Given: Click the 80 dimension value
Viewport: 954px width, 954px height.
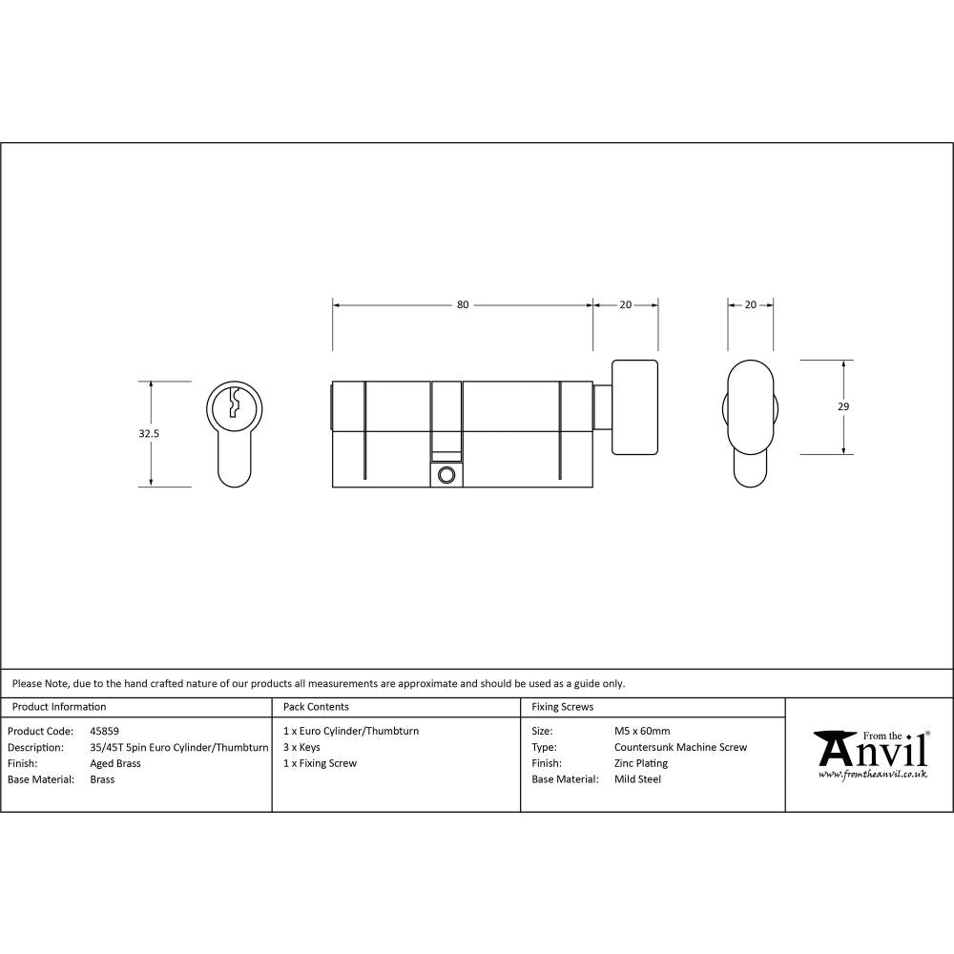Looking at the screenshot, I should tap(463, 305).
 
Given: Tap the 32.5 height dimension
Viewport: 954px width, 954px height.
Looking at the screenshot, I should tap(149, 433).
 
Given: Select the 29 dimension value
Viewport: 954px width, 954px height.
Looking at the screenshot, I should tap(842, 406).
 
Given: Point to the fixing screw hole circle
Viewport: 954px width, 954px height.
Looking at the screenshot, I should tap(446, 475).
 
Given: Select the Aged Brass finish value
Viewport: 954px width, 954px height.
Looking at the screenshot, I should tap(115, 763).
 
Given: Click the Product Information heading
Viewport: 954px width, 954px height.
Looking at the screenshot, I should tap(58, 707).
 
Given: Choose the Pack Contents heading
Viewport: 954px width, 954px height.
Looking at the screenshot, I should tap(316, 707).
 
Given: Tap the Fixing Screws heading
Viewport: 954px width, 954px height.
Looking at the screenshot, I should tap(562, 707).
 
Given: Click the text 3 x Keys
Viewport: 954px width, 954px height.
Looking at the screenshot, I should tap(301, 748).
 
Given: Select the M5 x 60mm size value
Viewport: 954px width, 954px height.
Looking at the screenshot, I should tap(642, 732).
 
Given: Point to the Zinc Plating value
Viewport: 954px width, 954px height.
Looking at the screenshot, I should tap(641, 763).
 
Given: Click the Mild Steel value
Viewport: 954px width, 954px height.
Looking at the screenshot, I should tap(637, 779).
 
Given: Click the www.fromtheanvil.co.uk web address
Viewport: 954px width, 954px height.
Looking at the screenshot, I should tap(872, 775).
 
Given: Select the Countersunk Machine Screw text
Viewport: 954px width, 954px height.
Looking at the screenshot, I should tap(680, 748).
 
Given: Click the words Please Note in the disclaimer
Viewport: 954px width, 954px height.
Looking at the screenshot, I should tap(38, 683).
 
